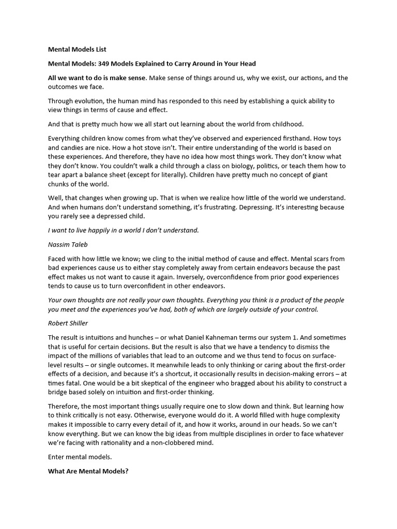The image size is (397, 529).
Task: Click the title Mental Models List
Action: (x=77, y=50)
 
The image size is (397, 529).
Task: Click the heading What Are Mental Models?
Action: (x=88, y=472)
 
